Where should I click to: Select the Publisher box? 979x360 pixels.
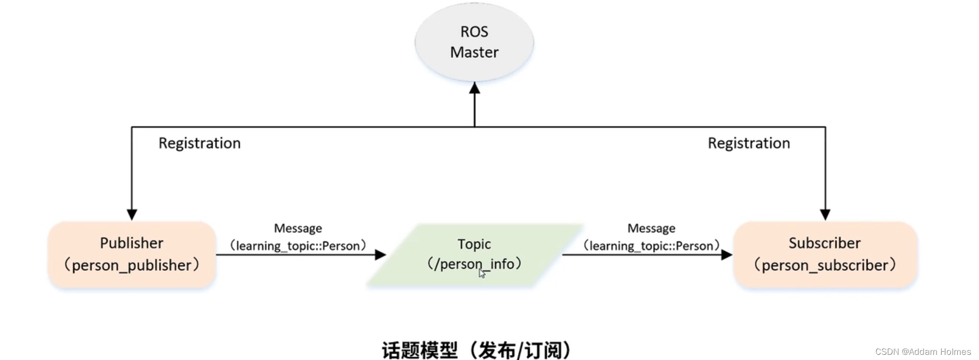[132, 254]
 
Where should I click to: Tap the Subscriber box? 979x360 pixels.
[825, 254]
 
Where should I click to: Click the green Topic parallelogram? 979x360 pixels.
[474, 254]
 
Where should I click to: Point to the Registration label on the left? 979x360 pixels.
[199, 143]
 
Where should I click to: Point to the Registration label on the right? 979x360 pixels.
[748, 143]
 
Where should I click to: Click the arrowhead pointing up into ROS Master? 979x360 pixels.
[474, 88]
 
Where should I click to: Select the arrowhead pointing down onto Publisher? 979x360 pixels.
[132, 214]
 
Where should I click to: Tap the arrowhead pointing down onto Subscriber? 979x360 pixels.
[825, 214]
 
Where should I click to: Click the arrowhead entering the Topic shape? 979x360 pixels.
[381, 254]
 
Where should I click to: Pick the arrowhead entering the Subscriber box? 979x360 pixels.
[727, 254]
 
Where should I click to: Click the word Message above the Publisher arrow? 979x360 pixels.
[298, 228]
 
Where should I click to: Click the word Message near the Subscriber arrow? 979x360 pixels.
[651, 228]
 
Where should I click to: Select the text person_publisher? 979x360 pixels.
[132, 265]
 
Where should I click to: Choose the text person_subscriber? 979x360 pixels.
[825, 265]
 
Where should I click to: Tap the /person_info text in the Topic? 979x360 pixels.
[474, 264]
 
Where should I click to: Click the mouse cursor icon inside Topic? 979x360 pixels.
[482, 273]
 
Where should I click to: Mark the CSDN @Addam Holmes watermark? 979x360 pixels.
[923, 352]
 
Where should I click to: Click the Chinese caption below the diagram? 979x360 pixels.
[476, 350]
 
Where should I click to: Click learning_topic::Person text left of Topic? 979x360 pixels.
[298, 246]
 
